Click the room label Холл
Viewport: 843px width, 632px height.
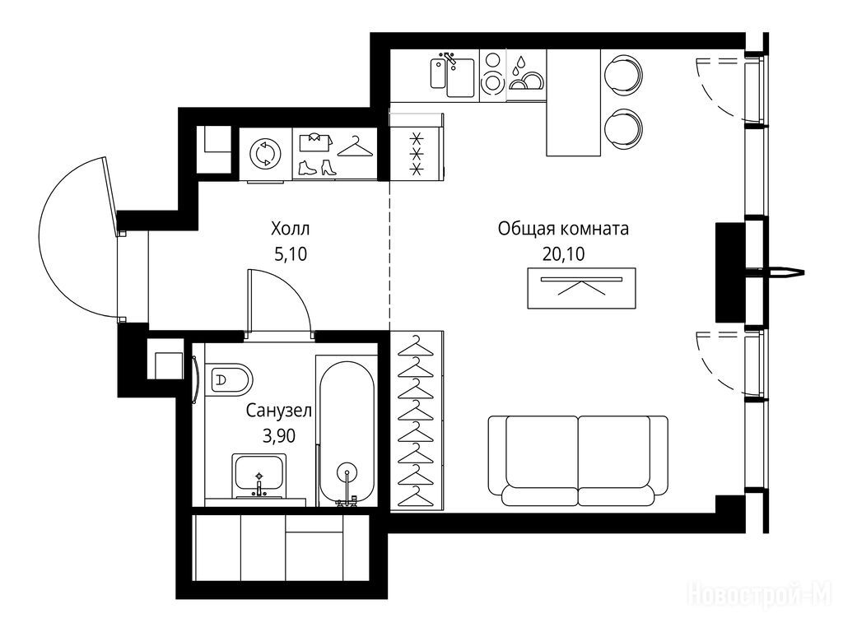click(x=291, y=230)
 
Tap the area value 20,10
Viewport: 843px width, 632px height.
click(x=563, y=253)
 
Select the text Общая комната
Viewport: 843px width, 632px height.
click(x=563, y=229)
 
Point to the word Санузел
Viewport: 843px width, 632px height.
click(x=279, y=411)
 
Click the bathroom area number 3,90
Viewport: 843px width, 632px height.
click(x=279, y=435)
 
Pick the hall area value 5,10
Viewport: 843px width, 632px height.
click(x=291, y=253)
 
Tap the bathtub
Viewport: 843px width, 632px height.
click(x=347, y=433)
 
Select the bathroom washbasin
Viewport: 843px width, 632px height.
click(x=258, y=476)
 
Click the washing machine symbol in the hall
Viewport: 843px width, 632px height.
click(x=265, y=154)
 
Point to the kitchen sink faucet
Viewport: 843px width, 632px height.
click(x=449, y=59)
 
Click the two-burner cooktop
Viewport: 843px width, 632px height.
click(x=492, y=76)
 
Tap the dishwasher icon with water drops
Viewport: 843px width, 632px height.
click(x=526, y=76)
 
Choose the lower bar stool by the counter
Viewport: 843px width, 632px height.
click(x=623, y=129)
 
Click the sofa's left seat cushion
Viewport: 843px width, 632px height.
click(x=542, y=452)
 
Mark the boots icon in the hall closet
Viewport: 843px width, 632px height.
click(x=317, y=167)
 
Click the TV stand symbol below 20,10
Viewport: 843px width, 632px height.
click(x=581, y=288)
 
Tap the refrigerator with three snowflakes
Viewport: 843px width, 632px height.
click(x=416, y=154)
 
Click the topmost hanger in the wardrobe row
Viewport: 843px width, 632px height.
click(x=415, y=346)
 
